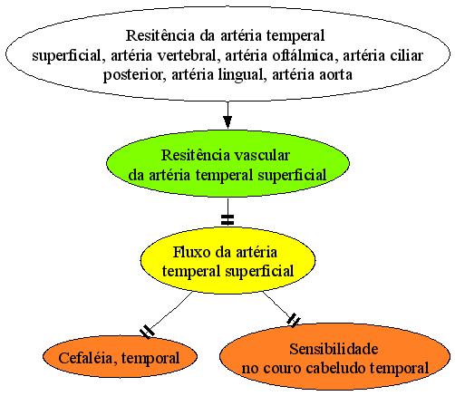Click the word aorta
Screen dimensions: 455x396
pyautogui.click(x=335, y=74)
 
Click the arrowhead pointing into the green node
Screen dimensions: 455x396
pyautogui.click(x=227, y=122)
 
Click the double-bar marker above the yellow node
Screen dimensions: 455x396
pyautogui.click(x=227, y=219)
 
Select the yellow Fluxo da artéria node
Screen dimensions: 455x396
pyautogui.click(x=227, y=260)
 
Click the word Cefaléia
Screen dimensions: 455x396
pyautogui.click(x=88, y=358)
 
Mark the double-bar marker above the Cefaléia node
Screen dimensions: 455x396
pyautogui.click(x=148, y=332)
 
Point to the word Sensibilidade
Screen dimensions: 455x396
pyautogui.click(x=334, y=349)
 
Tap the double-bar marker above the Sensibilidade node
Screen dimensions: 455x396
pyautogui.click(x=294, y=320)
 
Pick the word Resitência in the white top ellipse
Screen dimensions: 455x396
pyautogui.click(x=160, y=35)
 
